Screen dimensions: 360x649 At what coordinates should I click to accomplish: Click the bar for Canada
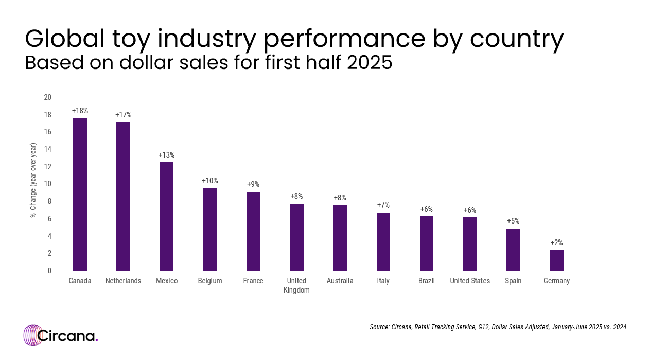[x=80, y=195]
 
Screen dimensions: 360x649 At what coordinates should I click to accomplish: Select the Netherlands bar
[x=123, y=196]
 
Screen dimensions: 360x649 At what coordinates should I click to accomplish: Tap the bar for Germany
[x=556, y=260]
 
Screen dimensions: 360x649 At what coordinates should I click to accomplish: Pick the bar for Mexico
[x=167, y=216]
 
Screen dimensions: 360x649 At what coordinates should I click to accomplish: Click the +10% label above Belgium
[x=209, y=181]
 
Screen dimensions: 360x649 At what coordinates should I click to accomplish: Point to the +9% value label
[x=253, y=184]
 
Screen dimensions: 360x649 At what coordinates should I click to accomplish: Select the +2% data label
[x=556, y=243]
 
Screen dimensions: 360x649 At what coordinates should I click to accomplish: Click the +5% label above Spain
[x=513, y=221]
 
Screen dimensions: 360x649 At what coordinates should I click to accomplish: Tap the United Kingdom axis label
[x=296, y=285]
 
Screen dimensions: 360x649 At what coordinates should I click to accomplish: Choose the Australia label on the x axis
[x=340, y=281]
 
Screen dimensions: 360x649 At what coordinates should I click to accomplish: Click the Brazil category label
[x=426, y=281]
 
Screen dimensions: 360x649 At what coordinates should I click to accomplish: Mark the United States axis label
[x=470, y=281]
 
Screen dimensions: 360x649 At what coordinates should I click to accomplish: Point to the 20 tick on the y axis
[x=48, y=97]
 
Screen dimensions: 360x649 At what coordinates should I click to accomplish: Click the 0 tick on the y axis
[x=49, y=271]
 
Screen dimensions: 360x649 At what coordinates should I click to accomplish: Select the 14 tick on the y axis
[x=48, y=149]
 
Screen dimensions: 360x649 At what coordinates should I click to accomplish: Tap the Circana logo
[x=60, y=335]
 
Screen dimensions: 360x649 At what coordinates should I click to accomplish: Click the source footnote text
[x=498, y=327]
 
